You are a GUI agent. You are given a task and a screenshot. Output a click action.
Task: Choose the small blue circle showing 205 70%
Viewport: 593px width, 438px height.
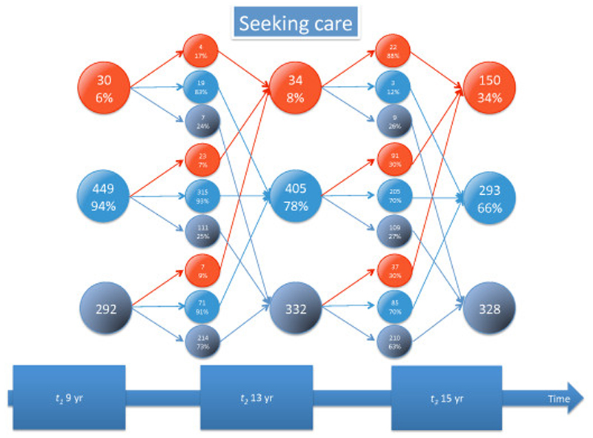(393, 196)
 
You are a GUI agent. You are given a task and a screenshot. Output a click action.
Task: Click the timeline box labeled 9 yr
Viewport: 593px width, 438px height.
(68, 397)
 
